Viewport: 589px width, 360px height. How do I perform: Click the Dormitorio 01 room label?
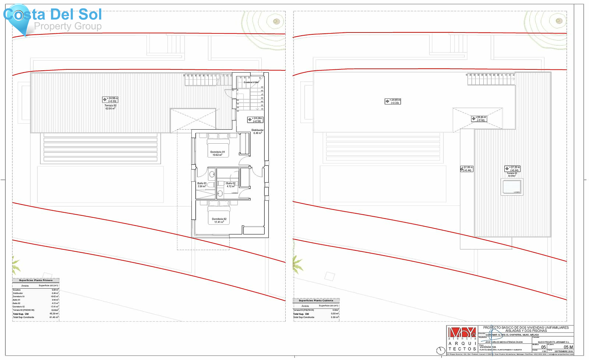[x=218, y=153]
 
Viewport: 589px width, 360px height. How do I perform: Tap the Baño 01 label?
[x=202, y=185]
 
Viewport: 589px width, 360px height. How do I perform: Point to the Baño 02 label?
[x=231, y=185]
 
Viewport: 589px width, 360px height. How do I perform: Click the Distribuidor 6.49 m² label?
[x=258, y=132]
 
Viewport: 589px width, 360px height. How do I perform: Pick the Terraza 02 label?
[x=110, y=107]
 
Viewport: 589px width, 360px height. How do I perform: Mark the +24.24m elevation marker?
[x=255, y=120]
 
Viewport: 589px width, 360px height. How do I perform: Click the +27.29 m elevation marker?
[x=512, y=169]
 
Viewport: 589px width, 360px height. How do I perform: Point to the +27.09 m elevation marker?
[x=467, y=169]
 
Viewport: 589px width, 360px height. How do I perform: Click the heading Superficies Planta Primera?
[x=36, y=280]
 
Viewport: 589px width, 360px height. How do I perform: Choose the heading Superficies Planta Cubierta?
[x=316, y=300]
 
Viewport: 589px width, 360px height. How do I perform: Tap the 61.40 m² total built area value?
[x=54, y=317]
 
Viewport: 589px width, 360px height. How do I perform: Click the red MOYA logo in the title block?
[x=462, y=333]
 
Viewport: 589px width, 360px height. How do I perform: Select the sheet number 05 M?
[x=568, y=347]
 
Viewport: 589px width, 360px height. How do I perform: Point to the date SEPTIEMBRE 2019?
[x=563, y=351]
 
